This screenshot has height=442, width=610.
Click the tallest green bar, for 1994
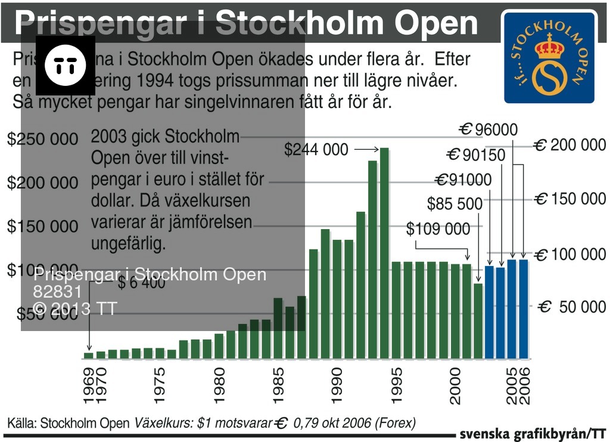point(384,253)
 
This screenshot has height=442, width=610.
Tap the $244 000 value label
point(316,149)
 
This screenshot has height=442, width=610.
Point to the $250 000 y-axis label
point(43,139)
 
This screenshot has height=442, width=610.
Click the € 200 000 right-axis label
point(569,145)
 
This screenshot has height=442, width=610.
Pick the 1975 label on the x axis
point(159,387)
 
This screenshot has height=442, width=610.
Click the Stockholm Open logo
point(549,57)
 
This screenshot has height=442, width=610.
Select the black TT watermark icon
point(66,65)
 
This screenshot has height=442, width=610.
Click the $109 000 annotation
point(438,228)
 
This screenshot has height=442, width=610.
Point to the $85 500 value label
point(455,204)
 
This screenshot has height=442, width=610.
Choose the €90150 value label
point(476,156)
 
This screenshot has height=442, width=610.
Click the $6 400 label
point(141,283)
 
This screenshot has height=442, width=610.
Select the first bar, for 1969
point(89,356)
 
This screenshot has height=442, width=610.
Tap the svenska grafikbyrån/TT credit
point(533,434)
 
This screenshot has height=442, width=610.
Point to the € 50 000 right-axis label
point(572,307)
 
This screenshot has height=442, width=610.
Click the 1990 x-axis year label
point(337,387)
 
